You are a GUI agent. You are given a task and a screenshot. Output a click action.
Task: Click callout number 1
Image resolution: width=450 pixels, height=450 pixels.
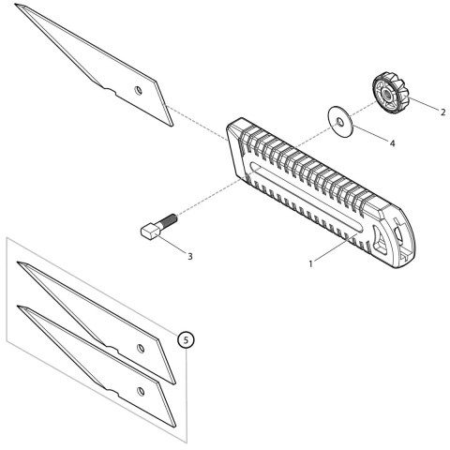click(x=310, y=264)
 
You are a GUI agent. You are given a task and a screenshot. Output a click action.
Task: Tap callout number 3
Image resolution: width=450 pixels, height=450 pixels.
click(x=189, y=254)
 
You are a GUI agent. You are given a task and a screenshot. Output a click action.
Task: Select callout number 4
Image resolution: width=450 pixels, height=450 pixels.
click(x=392, y=143)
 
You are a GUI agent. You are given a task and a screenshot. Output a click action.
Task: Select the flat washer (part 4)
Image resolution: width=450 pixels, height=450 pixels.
click(x=341, y=121)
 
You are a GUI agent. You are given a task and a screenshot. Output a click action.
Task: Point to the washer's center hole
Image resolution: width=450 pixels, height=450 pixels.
click(x=341, y=121)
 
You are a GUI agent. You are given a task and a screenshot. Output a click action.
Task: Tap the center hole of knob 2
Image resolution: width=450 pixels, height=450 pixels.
click(x=386, y=92)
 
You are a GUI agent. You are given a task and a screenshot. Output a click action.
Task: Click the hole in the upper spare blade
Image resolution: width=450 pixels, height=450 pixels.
click(x=141, y=349)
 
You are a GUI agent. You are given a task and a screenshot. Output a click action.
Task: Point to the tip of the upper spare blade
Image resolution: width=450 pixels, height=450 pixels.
click(x=20, y=265)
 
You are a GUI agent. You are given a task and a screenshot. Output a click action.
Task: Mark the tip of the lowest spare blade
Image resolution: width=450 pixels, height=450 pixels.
click(x=20, y=307)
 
